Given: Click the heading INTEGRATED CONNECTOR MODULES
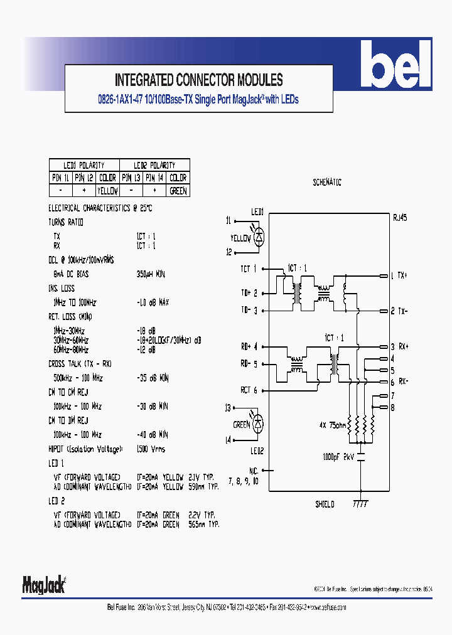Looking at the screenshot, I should tap(198, 80).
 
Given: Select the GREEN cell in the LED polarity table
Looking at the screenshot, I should tap(178, 191).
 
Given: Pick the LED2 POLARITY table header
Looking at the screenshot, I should tap(154, 165).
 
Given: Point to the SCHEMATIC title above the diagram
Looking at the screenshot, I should tap(326, 183).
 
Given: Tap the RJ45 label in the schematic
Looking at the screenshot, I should tap(399, 219).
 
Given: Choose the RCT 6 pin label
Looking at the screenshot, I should tap(249, 390).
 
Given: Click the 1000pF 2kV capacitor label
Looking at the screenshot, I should tap(338, 457).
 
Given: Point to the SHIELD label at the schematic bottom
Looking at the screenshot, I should tap(325, 504).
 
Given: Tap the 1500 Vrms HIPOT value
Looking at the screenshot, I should tap(151, 449).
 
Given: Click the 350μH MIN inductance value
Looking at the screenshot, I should tap(151, 274).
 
